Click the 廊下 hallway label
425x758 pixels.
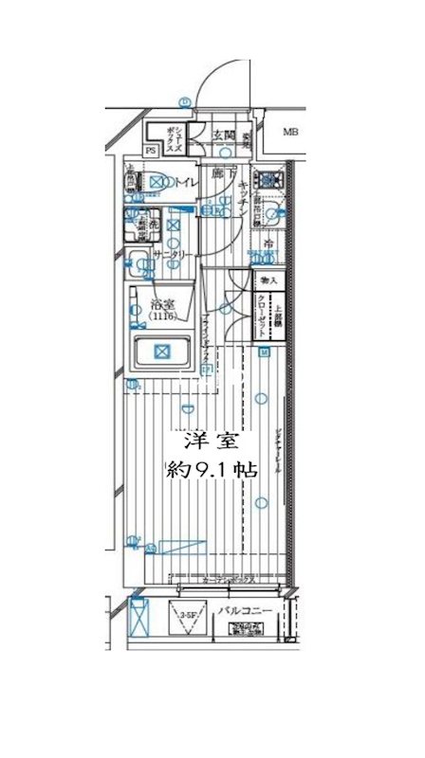(x=217, y=175)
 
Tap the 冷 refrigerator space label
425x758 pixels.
(x=268, y=244)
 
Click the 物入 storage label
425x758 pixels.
(x=268, y=280)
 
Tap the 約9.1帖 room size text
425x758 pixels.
(x=210, y=469)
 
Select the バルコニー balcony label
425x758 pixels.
(x=245, y=611)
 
